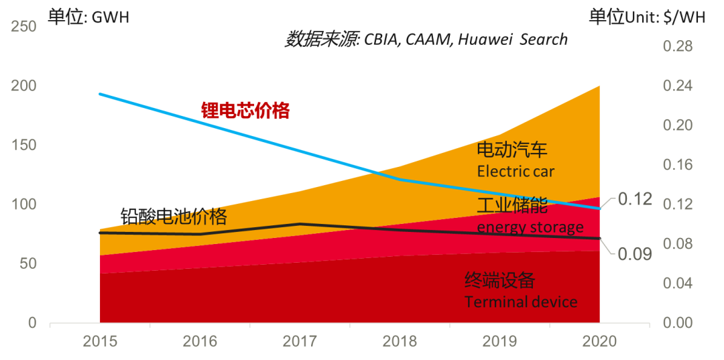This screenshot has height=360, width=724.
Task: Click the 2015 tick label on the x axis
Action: pyautogui.click(x=100, y=341)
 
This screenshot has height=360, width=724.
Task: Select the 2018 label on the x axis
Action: pyautogui.click(x=400, y=341)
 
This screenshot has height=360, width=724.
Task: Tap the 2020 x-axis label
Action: pyautogui.click(x=599, y=341)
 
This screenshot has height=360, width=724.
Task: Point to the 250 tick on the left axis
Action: pyautogui.click(x=23, y=27)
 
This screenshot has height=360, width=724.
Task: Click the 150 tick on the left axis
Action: pyautogui.click(x=23, y=145)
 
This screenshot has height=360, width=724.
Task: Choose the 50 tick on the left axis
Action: pyautogui.click(x=27, y=263)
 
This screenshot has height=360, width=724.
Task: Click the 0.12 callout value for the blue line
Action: pyautogui.click(x=635, y=199)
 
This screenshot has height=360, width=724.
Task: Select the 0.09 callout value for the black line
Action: pyautogui.click(x=635, y=253)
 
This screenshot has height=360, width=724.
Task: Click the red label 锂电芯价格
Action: pyautogui.click(x=246, y=111)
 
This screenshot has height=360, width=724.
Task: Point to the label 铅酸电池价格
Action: pyautogui.click(x=174, y=217)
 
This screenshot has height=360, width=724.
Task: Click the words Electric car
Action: pyautogui.click(x=516, y=172)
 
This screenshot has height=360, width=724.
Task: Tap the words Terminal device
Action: pyautogui.click(x=521, y=302)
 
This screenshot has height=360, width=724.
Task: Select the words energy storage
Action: pyautogui.click(x=530, y=227)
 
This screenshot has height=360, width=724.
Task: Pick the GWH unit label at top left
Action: pyautogui.click(x=110, y=18)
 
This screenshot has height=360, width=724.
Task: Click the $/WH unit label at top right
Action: pyautogui.click(x=683, y=18)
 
